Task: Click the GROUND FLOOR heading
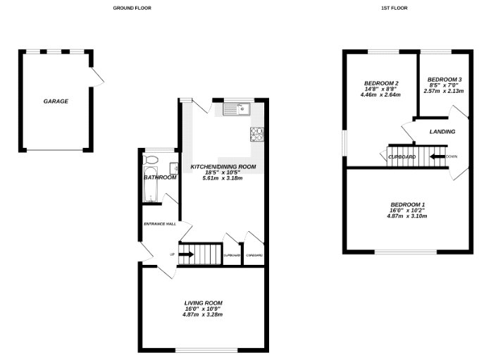pos(132,8)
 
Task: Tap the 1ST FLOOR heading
pos(394,8)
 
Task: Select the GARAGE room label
pos(56,101)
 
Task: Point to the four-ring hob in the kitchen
pos(256,134)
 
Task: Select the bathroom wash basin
pos(173,168)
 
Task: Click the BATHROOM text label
pos(160,178)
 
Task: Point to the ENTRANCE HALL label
pos(159,224)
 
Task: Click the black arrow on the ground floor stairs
pos(187,254)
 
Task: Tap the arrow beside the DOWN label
pos(436,156)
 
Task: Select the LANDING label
pos(442,132)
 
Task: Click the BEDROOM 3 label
pos(445,79)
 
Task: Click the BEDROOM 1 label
pos(407,204)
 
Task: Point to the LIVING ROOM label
pos(202,302)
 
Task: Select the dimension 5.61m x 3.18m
pos(223,179)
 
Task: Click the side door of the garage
pos(98,78)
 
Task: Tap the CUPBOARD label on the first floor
pos(402,156)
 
